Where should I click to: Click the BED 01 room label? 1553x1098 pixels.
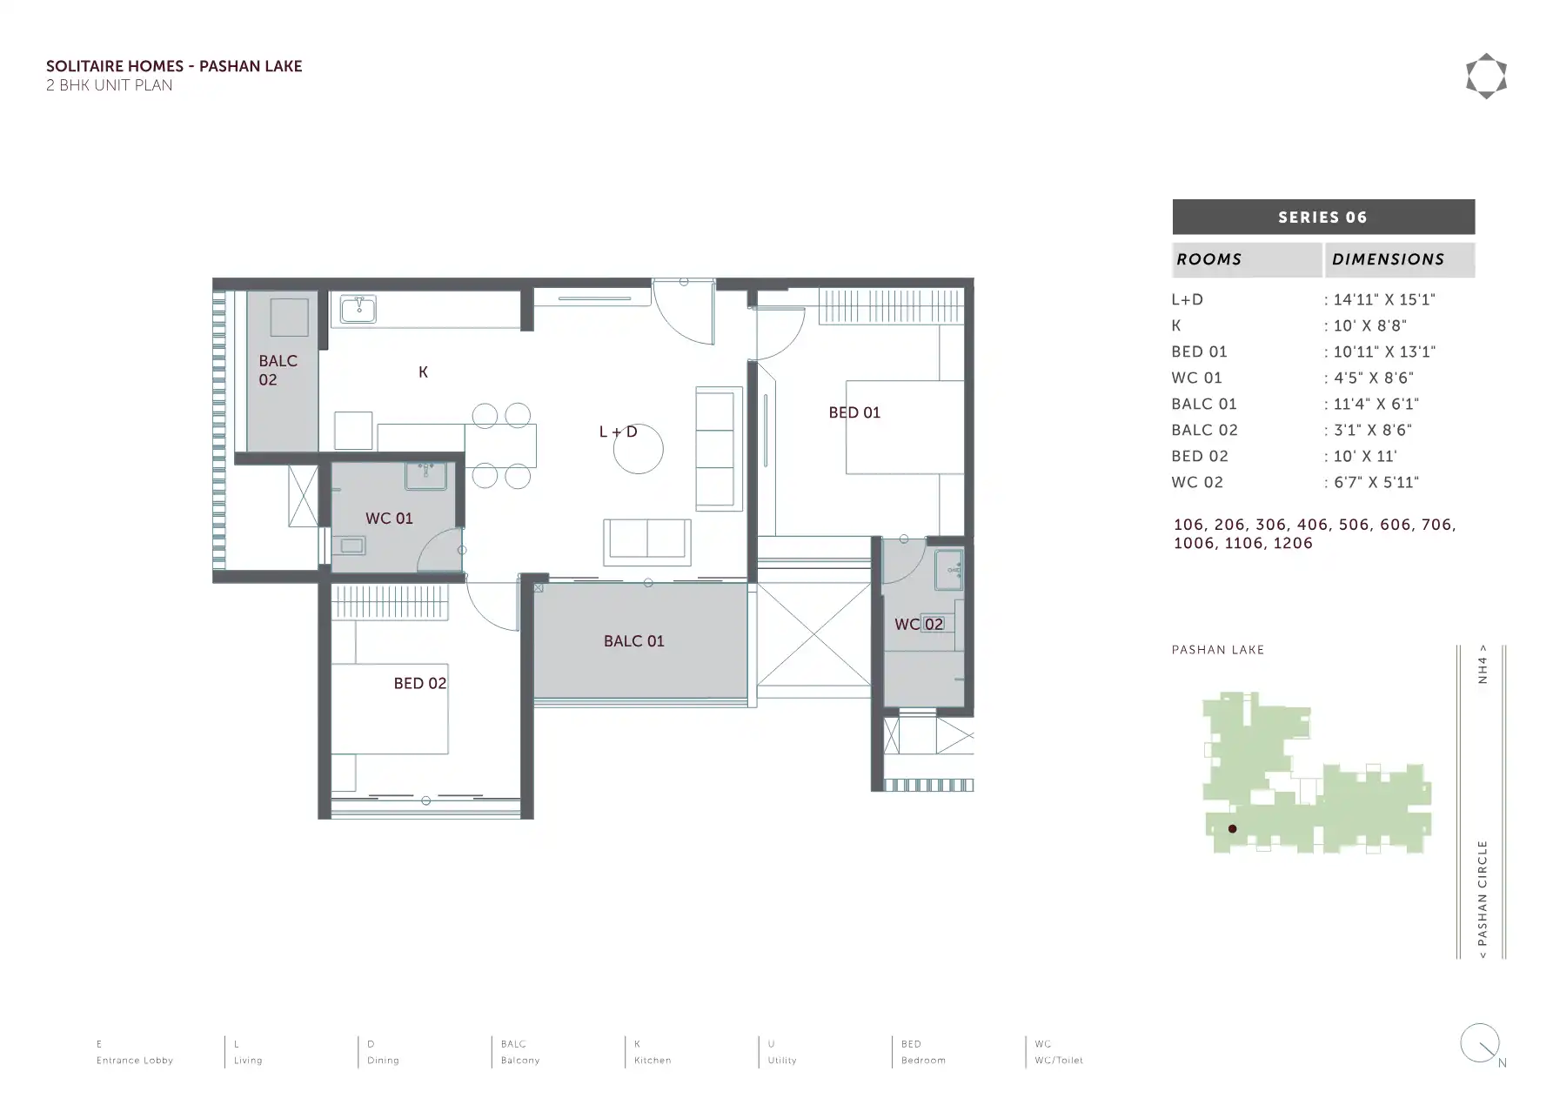[x=854, y=412]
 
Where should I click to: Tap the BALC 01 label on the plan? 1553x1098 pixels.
[x=633, y=641]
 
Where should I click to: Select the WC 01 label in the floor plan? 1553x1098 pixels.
[x=389, y=519]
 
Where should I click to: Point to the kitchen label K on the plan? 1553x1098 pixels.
[x=423, y=372]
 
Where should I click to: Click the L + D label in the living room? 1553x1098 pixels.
[x=618, y=432]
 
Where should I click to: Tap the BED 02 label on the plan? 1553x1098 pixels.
[x=419, y=684]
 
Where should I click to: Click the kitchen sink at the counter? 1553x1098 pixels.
[x=358, y=309]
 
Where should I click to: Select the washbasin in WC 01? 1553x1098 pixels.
[x=425, y=476]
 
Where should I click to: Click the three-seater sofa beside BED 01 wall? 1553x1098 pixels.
[x=719, y=448]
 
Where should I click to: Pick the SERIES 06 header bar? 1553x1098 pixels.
[x=1323, y=218]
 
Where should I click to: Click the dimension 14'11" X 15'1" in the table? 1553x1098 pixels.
[x=1384, y=299]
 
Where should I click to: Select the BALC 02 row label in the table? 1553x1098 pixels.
[x=1204, y=430]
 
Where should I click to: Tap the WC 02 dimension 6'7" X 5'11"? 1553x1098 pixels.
[x=1376, y=482]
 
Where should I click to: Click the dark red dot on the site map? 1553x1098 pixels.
[x=1232, y=829]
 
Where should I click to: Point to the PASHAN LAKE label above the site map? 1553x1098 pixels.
[x=1218, y=650]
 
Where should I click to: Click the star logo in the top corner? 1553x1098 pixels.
[x=1486, y=77]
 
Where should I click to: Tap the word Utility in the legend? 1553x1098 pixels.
[x=782, y=1061]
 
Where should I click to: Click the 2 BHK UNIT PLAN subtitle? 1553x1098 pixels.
[x=109, y=85]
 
